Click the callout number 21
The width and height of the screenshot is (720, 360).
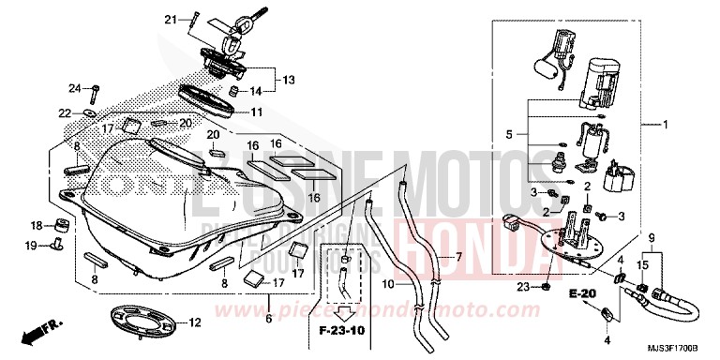click(171, 19)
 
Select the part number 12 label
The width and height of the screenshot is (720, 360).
click(196, 323)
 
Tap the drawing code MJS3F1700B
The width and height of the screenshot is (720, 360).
click(683, 349)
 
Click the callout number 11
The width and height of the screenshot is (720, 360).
click(255, 112)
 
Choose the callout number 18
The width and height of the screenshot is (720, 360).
click(37, 225)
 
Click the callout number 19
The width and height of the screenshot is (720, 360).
click(31, 246)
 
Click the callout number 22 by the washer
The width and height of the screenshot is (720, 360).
click(65, 113)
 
